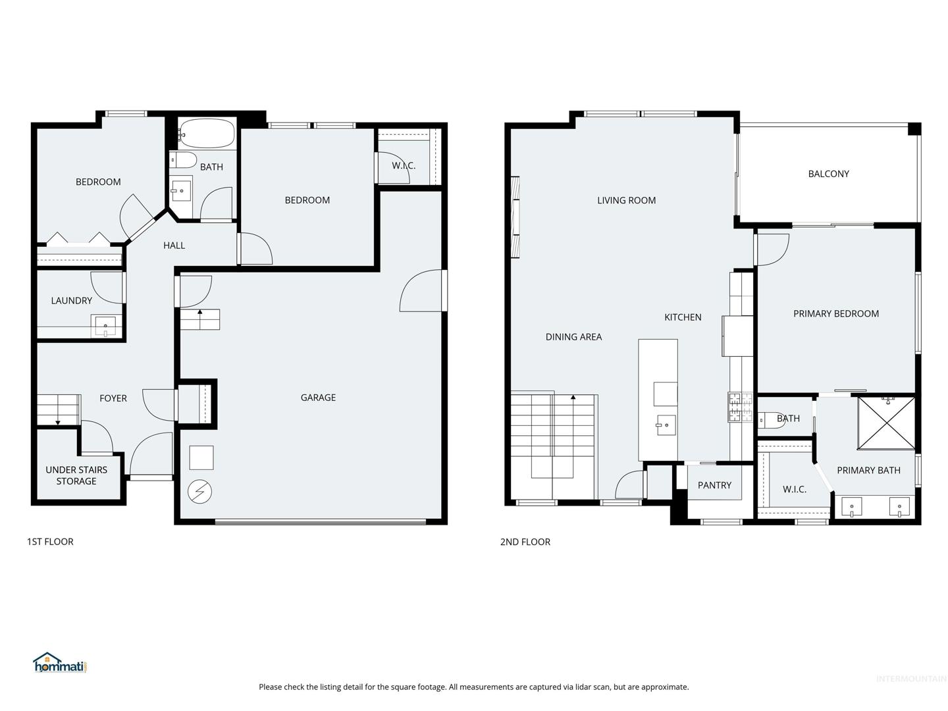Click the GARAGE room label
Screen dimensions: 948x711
tap(318, 398)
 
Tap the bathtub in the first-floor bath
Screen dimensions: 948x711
tap(207, 134)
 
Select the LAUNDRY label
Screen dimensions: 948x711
tap(72, 300)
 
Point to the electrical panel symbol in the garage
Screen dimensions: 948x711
tap(199, 491)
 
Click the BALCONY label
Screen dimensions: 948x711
tap(828, 174)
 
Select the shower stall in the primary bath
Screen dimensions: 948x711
tap(886, 423)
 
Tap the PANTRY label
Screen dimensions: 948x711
tap(714, 485)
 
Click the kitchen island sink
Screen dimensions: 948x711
tap(665, 425)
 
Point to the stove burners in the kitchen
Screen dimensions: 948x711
tap(740, 407)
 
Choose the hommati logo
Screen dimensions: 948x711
tap(60, 663)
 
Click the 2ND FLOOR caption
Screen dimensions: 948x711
tap(525, 542)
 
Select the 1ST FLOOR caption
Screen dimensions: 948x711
tap(50, 542)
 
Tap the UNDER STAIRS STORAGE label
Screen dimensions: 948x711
tap(76, 475)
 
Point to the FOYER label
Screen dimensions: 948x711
tap(113, 398)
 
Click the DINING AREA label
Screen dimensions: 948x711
tap(573, 336)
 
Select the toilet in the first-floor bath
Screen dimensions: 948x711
tap(182, 160)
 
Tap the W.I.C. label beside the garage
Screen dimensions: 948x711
tap(404, 165)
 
